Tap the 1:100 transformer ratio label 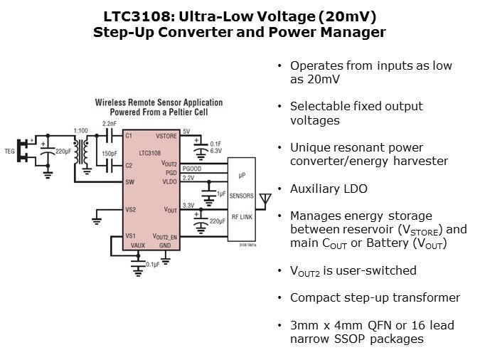[81, 131]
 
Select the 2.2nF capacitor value [108, 125]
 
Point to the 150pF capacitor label [110, 153]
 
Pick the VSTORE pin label [166, 135]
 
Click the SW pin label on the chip [129, 182]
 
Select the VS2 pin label [130, 210]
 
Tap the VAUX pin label [137, 245]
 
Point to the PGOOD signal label [192, 169]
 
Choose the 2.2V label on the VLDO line [188, 178]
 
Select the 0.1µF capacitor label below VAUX [151, 265]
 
